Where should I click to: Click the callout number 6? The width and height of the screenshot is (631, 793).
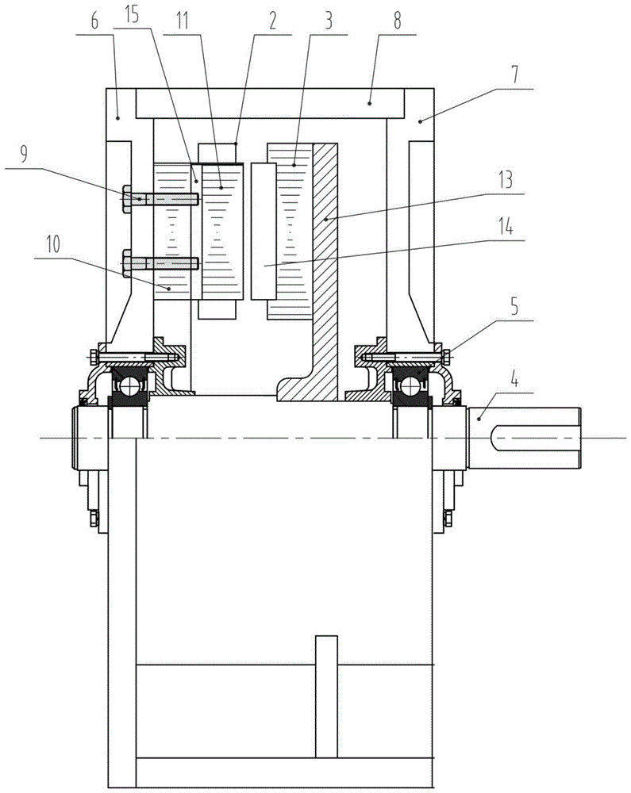(94, 22)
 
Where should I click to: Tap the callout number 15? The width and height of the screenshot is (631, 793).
(132, 14)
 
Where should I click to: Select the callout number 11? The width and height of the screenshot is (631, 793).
(183, 21)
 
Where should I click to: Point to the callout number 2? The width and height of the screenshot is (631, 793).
(273, 21)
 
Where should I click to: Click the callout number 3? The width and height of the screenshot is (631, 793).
(329, 21)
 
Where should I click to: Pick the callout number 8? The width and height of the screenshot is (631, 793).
(397, 21)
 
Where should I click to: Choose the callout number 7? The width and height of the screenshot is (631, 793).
(514, 74)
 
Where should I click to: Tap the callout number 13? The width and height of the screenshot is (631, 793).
(506, 179)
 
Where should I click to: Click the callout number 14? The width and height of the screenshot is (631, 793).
(506, 226)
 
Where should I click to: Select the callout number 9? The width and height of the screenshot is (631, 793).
(23, 154)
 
